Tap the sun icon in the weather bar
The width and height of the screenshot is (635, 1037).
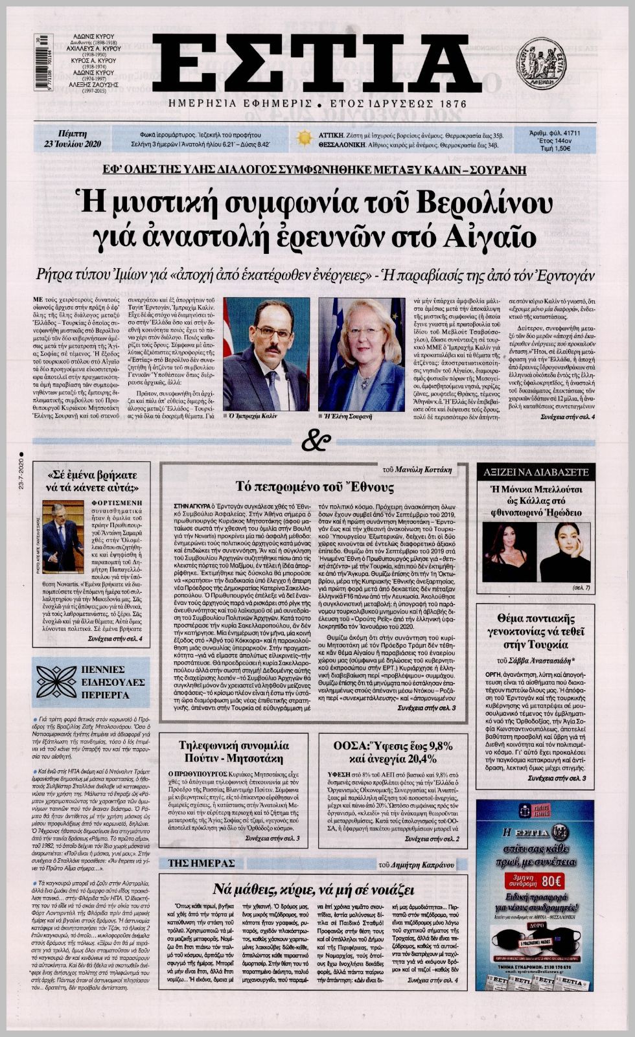point(304,139)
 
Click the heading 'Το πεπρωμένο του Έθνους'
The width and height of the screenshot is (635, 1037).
point(314,487)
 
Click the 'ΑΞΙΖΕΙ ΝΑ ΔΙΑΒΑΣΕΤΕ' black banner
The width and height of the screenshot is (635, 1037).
point(535,472)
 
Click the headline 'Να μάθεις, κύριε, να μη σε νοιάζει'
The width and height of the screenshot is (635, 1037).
point(313,888)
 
